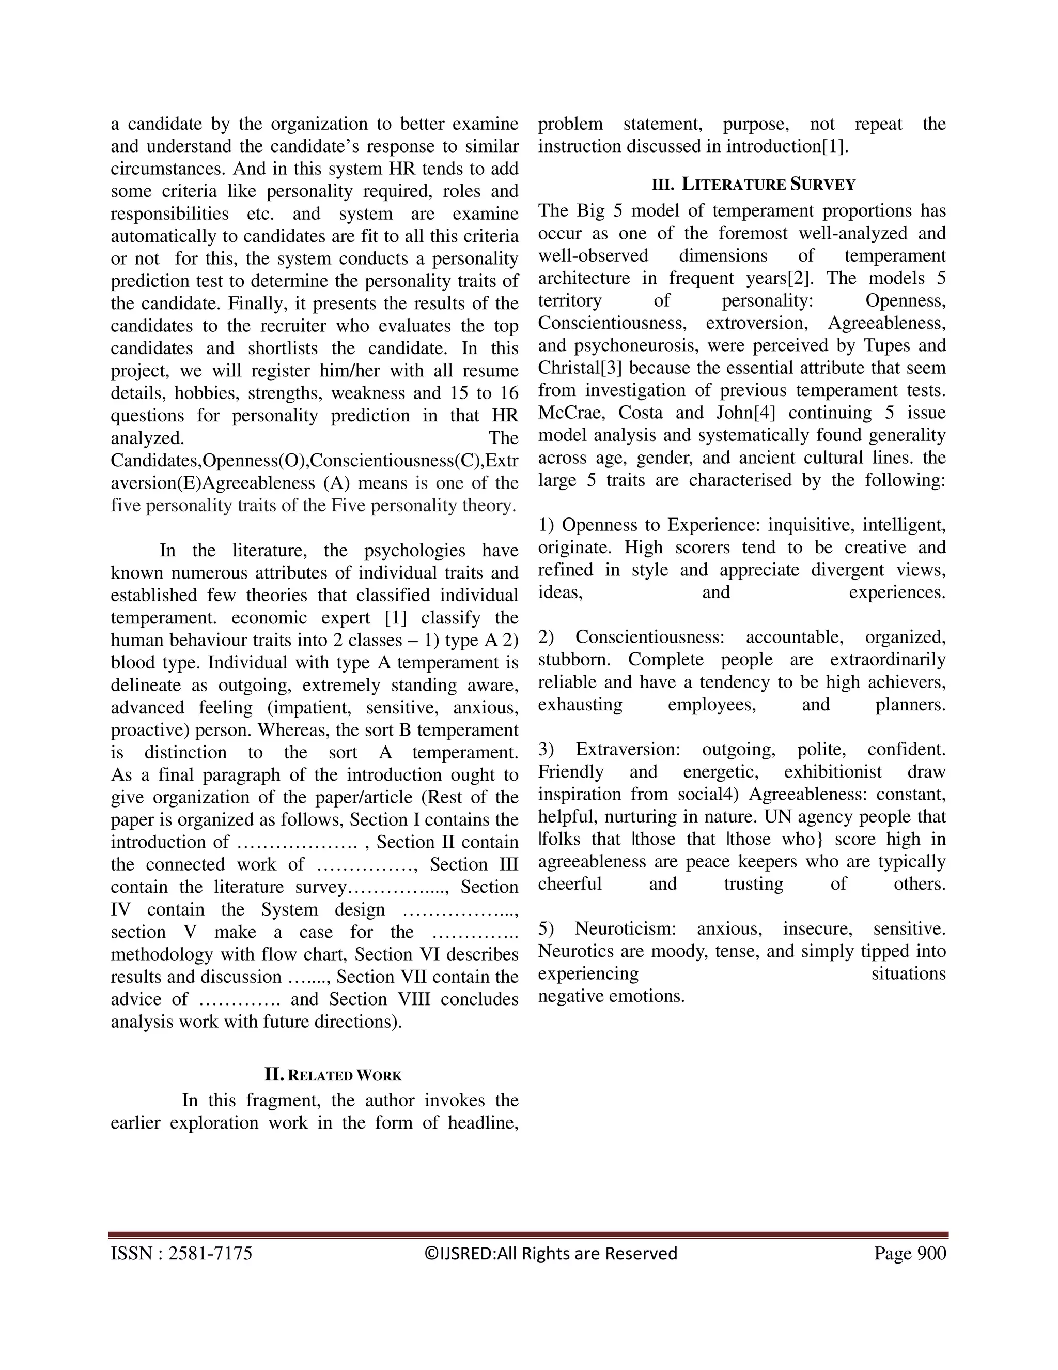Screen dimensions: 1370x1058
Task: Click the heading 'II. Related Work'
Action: tap(333, 1075)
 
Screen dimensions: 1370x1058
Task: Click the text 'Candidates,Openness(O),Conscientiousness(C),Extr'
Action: tap(315, 461)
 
